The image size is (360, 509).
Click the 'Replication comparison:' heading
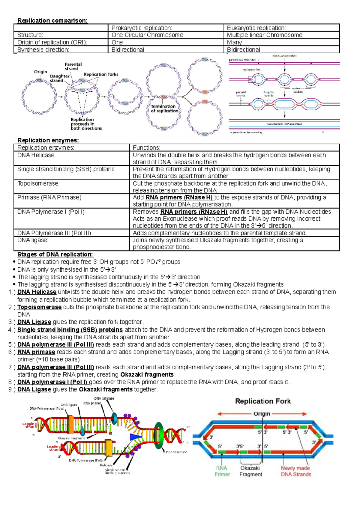click(52, 21)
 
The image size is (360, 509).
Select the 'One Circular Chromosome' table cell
click(147, 35)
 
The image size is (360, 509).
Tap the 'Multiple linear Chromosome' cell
click(264, 35)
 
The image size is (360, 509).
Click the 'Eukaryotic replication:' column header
click(256, 28)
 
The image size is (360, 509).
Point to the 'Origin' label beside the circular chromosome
click(40, 72)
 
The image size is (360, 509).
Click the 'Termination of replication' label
click(164, 109)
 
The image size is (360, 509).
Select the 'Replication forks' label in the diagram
click(101, 74)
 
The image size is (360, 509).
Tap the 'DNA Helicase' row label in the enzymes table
click(36, 155)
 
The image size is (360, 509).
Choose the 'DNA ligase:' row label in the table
click(33, 240)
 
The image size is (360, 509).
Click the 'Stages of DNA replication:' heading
click(55, 255)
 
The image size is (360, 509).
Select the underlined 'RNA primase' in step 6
click(36, 352)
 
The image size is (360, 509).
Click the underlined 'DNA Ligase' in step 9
click(34, 389)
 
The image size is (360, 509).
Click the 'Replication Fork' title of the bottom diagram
click(263, 401)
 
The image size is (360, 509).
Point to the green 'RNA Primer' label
click(222, 471)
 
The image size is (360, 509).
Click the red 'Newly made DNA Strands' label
click(296, 471)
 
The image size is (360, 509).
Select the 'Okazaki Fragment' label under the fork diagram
click(250, 471)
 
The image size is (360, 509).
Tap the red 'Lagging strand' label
click(29, 425)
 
